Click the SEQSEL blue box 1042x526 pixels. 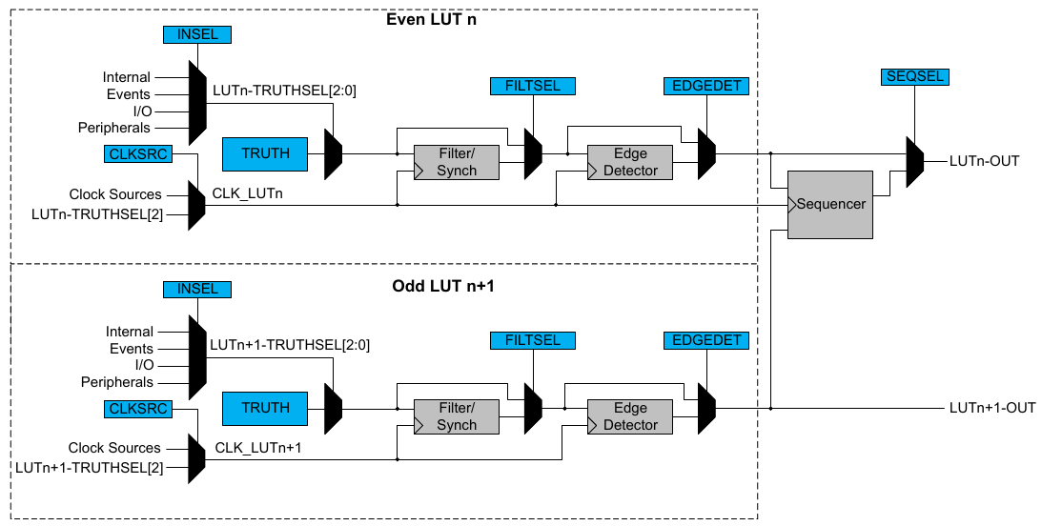(x=915, y=76)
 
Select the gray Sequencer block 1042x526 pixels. (x=829, y=204)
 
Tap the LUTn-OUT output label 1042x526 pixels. (x=984, y=160)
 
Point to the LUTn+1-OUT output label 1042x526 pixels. (x=991, y=408)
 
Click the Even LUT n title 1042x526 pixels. (x=431, y=19)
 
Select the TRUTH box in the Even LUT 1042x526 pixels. (x=265, y=152)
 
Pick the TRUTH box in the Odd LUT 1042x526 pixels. (x=265, y=408)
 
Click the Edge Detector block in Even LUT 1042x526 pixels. (x=630, y=162)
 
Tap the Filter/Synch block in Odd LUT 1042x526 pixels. (x=456, y=416)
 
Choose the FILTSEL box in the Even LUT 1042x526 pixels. (x=533, y=86)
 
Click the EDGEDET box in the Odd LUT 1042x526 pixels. (x=705, y=340)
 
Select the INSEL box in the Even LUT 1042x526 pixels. (x=197, y=34)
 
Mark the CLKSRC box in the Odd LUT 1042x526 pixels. (x=137, y=409)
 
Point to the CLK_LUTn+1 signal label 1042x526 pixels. (x=257, y=448)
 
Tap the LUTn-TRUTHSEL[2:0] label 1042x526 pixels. (x=284, y=91)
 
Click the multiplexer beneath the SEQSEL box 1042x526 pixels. (x=914, y=160)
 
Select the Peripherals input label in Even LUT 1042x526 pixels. (x=114, y=128)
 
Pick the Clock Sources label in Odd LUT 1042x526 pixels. (x=114, y=448)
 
